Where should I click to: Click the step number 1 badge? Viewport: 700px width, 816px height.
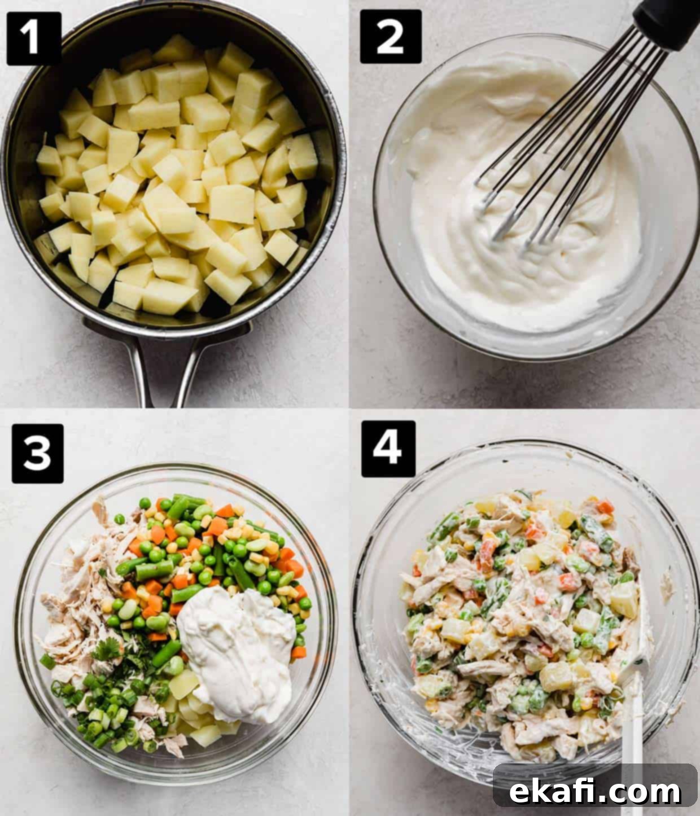[x=34, y=38]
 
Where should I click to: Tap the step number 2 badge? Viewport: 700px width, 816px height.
[x=391, y=36]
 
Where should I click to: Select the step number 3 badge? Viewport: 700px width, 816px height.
[x=37, y=453]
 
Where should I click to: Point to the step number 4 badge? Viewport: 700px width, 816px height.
[x=388, y=449]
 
